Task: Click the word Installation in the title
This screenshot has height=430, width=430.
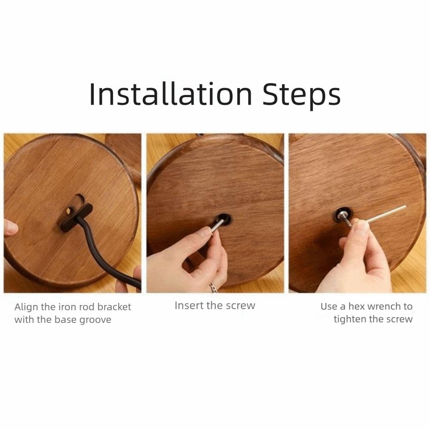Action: (x=171, y=94)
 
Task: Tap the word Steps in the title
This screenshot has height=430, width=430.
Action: (x=301, y=95)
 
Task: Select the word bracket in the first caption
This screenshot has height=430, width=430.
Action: (x=114, y=307)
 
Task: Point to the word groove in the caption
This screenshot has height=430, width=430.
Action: (x=95, y=320)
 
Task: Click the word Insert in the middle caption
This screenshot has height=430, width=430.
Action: (x=188, y=305)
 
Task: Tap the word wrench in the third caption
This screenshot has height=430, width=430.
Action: (x=384, y=306)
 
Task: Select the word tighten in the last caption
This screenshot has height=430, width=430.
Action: (x=350, y=319)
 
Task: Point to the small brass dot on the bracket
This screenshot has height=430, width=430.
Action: (x=68, y=211)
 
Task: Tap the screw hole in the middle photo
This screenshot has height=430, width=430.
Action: (x=223, y=219)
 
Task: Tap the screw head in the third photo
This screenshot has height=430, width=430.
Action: (x=343, y=215)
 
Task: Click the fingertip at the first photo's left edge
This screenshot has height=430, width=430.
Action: (x=10, y=228)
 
